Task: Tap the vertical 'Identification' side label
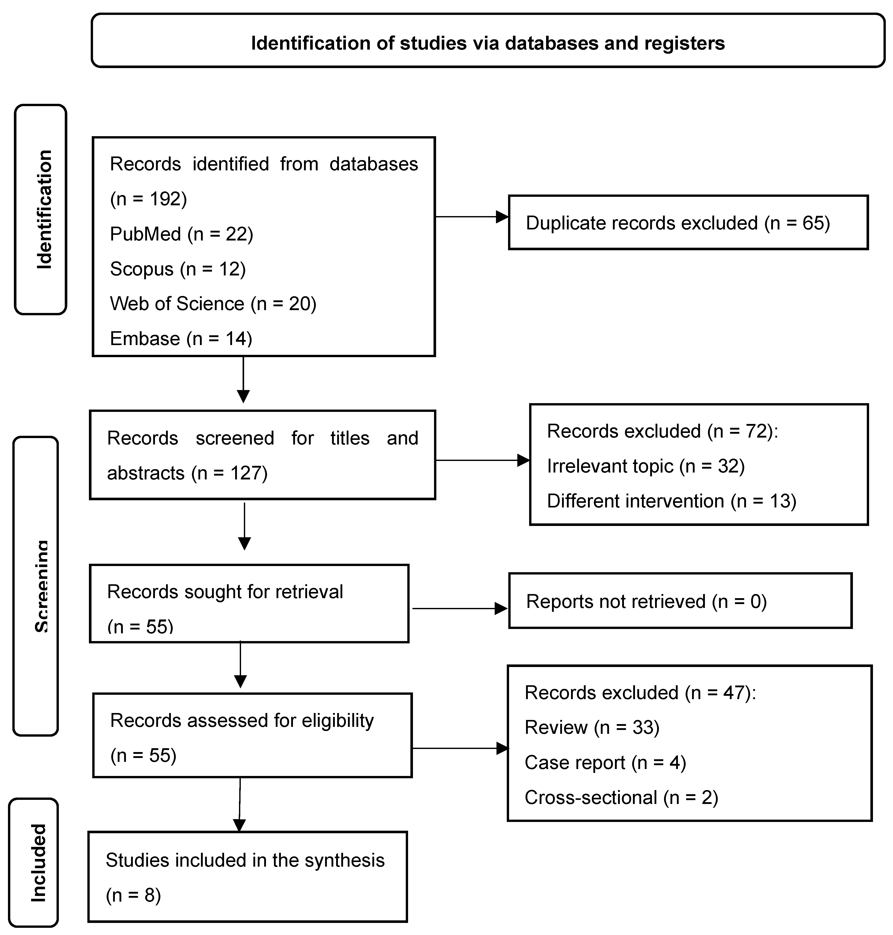point(44,209)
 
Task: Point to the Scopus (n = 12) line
point(178,269)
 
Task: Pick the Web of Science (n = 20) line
point(213,304)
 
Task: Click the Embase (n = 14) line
point(181,338)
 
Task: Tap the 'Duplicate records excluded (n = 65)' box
point(688,223)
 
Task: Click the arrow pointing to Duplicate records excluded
point(471,217)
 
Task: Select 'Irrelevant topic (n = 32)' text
point(646,466)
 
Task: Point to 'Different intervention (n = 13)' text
point(671,501)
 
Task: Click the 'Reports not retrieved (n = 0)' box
point(680,601)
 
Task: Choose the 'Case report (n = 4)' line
point(605,762)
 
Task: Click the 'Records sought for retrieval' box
point(249,603)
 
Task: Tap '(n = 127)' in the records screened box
point(229,473)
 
